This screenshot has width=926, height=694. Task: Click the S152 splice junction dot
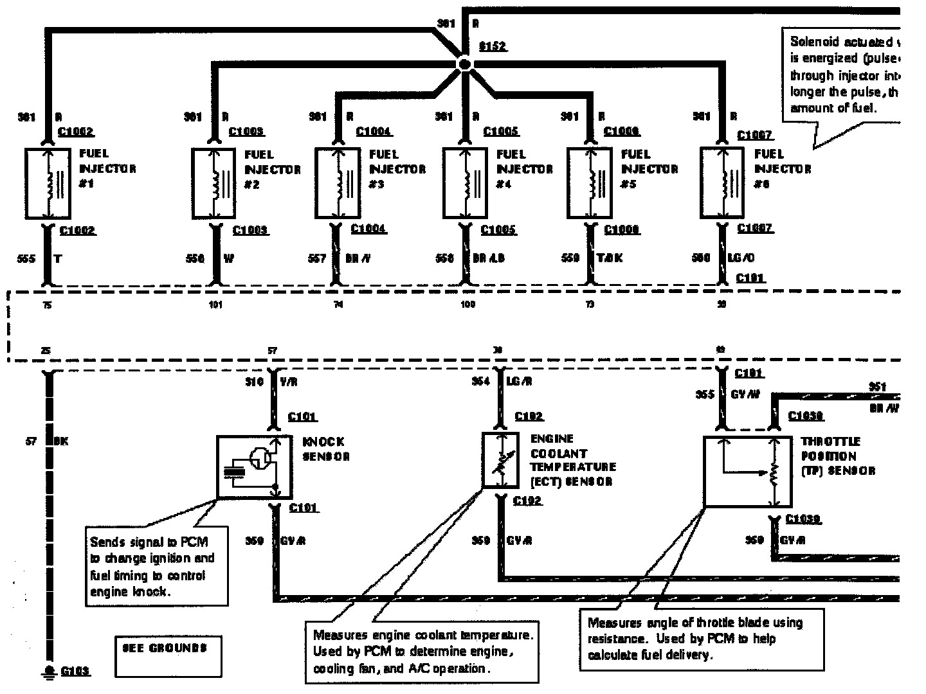click(464, 64)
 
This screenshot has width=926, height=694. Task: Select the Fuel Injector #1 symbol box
click(48, 183)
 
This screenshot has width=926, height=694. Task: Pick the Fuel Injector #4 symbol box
click(464, 183)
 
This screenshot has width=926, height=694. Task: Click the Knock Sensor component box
click(254, 467)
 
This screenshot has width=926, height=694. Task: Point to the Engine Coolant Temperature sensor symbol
click(500, 460)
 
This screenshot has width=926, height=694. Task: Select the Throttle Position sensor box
click(747, 472)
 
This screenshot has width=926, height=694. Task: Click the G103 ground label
click(75, 672)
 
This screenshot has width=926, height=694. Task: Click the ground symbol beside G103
click(49, 672)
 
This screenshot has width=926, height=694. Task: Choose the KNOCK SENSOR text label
click(325, 449)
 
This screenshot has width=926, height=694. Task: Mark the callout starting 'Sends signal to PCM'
click(158, 565)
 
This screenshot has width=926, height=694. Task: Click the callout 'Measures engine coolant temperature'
click(422, 652)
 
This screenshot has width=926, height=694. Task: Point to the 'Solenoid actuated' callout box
click(842, 75)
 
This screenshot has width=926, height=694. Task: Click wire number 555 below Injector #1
click(26, 258)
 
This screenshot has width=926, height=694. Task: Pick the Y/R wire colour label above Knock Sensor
click(289, 382)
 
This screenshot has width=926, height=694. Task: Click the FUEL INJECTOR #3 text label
click(397, 169)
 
